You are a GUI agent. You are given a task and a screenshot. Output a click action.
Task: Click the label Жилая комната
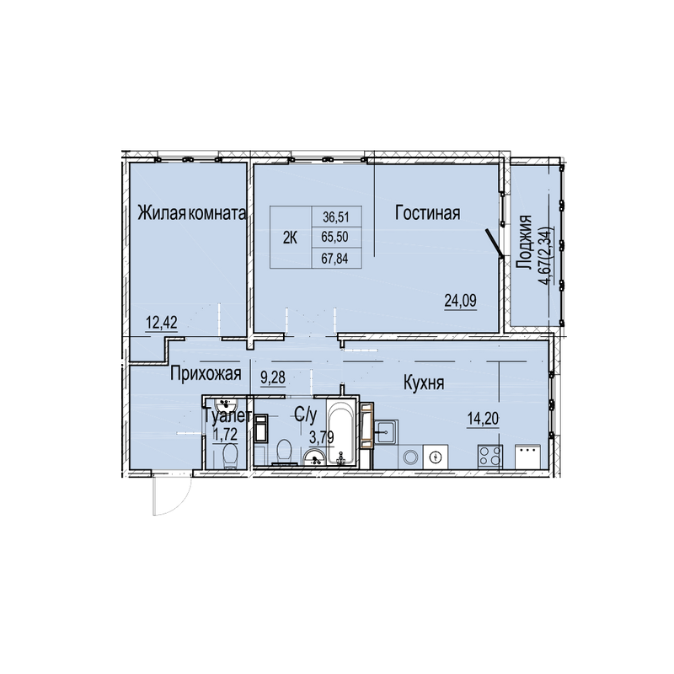click(x=192, y=213)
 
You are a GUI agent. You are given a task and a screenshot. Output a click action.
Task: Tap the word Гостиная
click(x=428, y=213)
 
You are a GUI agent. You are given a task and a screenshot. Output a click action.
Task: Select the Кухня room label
click(x=424, y=382)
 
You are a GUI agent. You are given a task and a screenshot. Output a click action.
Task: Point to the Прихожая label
click(x=206, y=374)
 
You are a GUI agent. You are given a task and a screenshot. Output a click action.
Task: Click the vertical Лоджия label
click(x=524, y=243)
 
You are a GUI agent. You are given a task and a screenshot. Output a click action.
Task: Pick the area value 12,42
click(x=162, y=322)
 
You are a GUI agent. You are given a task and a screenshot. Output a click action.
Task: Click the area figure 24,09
click(x=460, y=301)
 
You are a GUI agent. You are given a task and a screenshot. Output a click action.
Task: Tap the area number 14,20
click(x=483, y=418)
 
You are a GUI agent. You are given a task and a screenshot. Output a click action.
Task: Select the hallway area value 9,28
click(x=273, y=377)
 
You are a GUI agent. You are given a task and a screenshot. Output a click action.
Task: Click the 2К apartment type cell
click(x=290, y=238)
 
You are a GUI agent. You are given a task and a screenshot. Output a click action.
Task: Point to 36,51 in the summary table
click(x=336, y=217)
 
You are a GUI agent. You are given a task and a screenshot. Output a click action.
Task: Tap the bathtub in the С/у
click(x=342, y=431)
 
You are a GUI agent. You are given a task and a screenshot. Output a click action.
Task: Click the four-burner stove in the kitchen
click(x=490, y=457)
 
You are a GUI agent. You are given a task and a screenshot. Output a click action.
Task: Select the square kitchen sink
click(x=387, y=431)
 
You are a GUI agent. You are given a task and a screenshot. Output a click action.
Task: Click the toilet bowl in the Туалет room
click(x=230, y=456)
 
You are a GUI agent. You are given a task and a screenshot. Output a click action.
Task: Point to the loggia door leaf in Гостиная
click(x=495, y=243)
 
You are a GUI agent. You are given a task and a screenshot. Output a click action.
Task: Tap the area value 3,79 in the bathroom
click(x=322, y=438)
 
